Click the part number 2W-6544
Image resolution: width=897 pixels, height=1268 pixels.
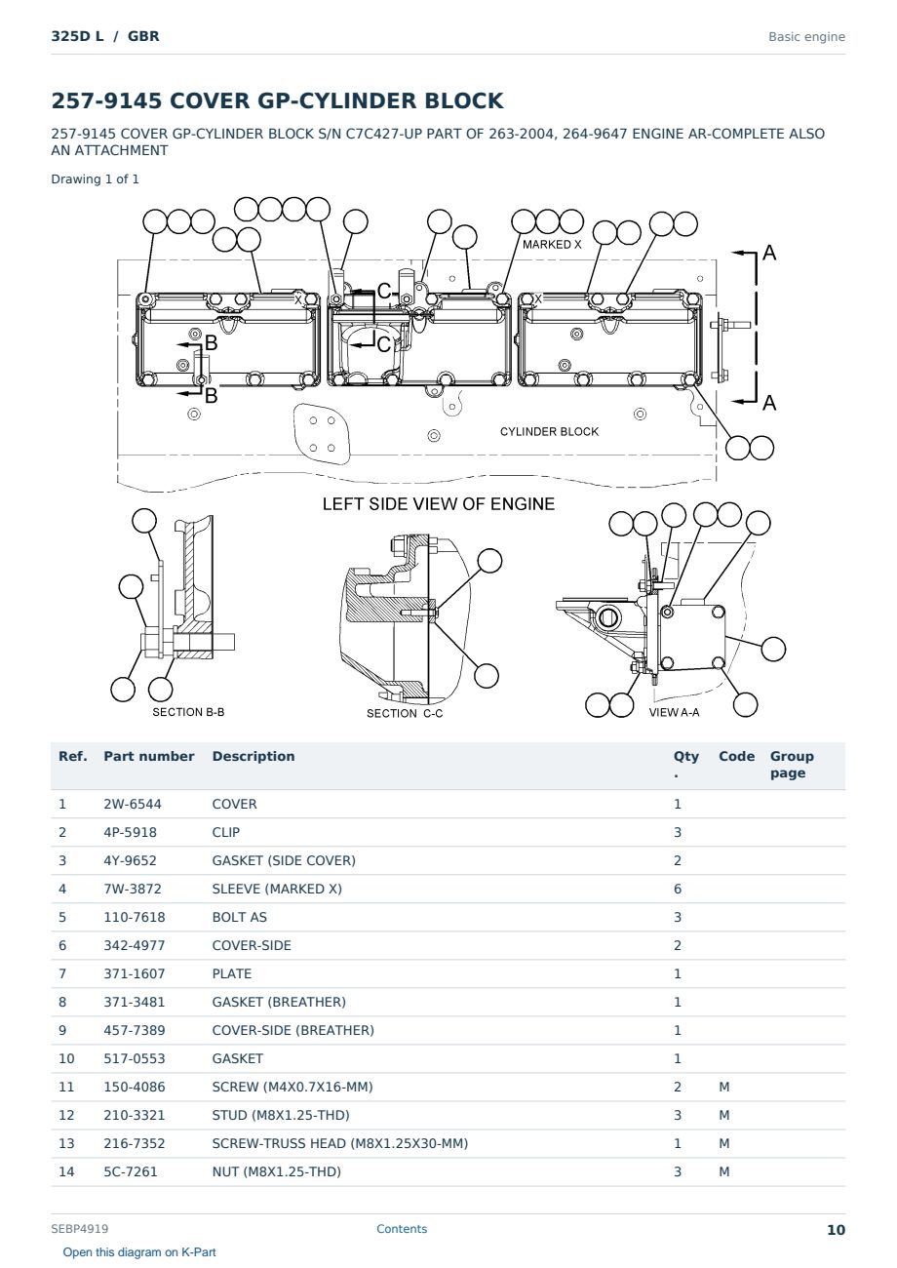133,804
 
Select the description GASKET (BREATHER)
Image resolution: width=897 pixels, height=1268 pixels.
279,1002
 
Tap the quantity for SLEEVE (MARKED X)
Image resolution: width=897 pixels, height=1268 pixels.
678,889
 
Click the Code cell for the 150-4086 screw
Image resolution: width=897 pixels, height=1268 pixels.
723,1087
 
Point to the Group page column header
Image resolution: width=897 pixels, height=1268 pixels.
792,764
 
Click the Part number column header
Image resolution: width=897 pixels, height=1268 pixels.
149,756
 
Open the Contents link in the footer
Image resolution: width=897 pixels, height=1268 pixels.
402,1229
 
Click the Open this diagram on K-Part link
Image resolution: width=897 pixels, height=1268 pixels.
139,1252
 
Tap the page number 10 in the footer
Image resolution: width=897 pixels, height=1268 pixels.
836,1230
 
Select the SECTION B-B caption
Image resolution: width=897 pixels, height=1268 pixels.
188,712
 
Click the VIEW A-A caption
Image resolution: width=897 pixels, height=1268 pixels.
674,712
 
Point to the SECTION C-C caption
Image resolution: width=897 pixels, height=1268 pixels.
405,713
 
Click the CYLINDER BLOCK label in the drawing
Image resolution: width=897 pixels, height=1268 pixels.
549,431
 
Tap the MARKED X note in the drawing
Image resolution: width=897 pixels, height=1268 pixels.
552,245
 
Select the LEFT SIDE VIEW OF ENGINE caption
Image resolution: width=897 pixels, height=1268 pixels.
439,504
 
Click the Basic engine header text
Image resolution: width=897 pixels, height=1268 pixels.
806,37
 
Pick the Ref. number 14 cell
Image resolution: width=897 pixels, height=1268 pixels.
66,1171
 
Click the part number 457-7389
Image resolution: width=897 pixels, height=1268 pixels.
135,1030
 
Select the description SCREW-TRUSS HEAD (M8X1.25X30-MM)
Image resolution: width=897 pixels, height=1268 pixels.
340,1143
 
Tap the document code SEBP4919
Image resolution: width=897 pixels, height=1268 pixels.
80,1229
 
